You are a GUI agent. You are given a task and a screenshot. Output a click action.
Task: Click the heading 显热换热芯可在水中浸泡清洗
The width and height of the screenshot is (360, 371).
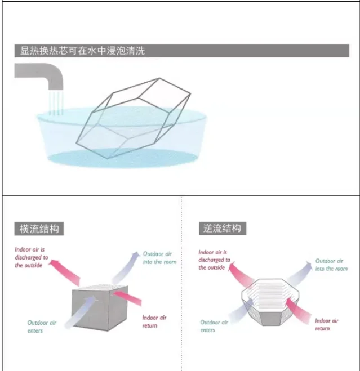(82, 51)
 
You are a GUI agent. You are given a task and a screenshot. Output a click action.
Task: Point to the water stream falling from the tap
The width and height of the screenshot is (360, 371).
(55, 102)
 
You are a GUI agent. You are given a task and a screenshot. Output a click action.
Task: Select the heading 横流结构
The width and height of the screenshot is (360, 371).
(39, 229)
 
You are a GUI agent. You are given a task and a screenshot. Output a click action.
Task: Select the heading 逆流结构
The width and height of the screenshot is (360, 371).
(223, 229)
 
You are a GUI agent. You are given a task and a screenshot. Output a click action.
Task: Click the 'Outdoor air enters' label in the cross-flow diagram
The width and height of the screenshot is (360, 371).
(43, 327)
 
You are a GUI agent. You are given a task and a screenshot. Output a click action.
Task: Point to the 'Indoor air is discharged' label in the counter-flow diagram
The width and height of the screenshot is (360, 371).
(214, 260)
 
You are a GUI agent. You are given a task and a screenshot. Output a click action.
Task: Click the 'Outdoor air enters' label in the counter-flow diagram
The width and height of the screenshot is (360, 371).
(214, 326)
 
